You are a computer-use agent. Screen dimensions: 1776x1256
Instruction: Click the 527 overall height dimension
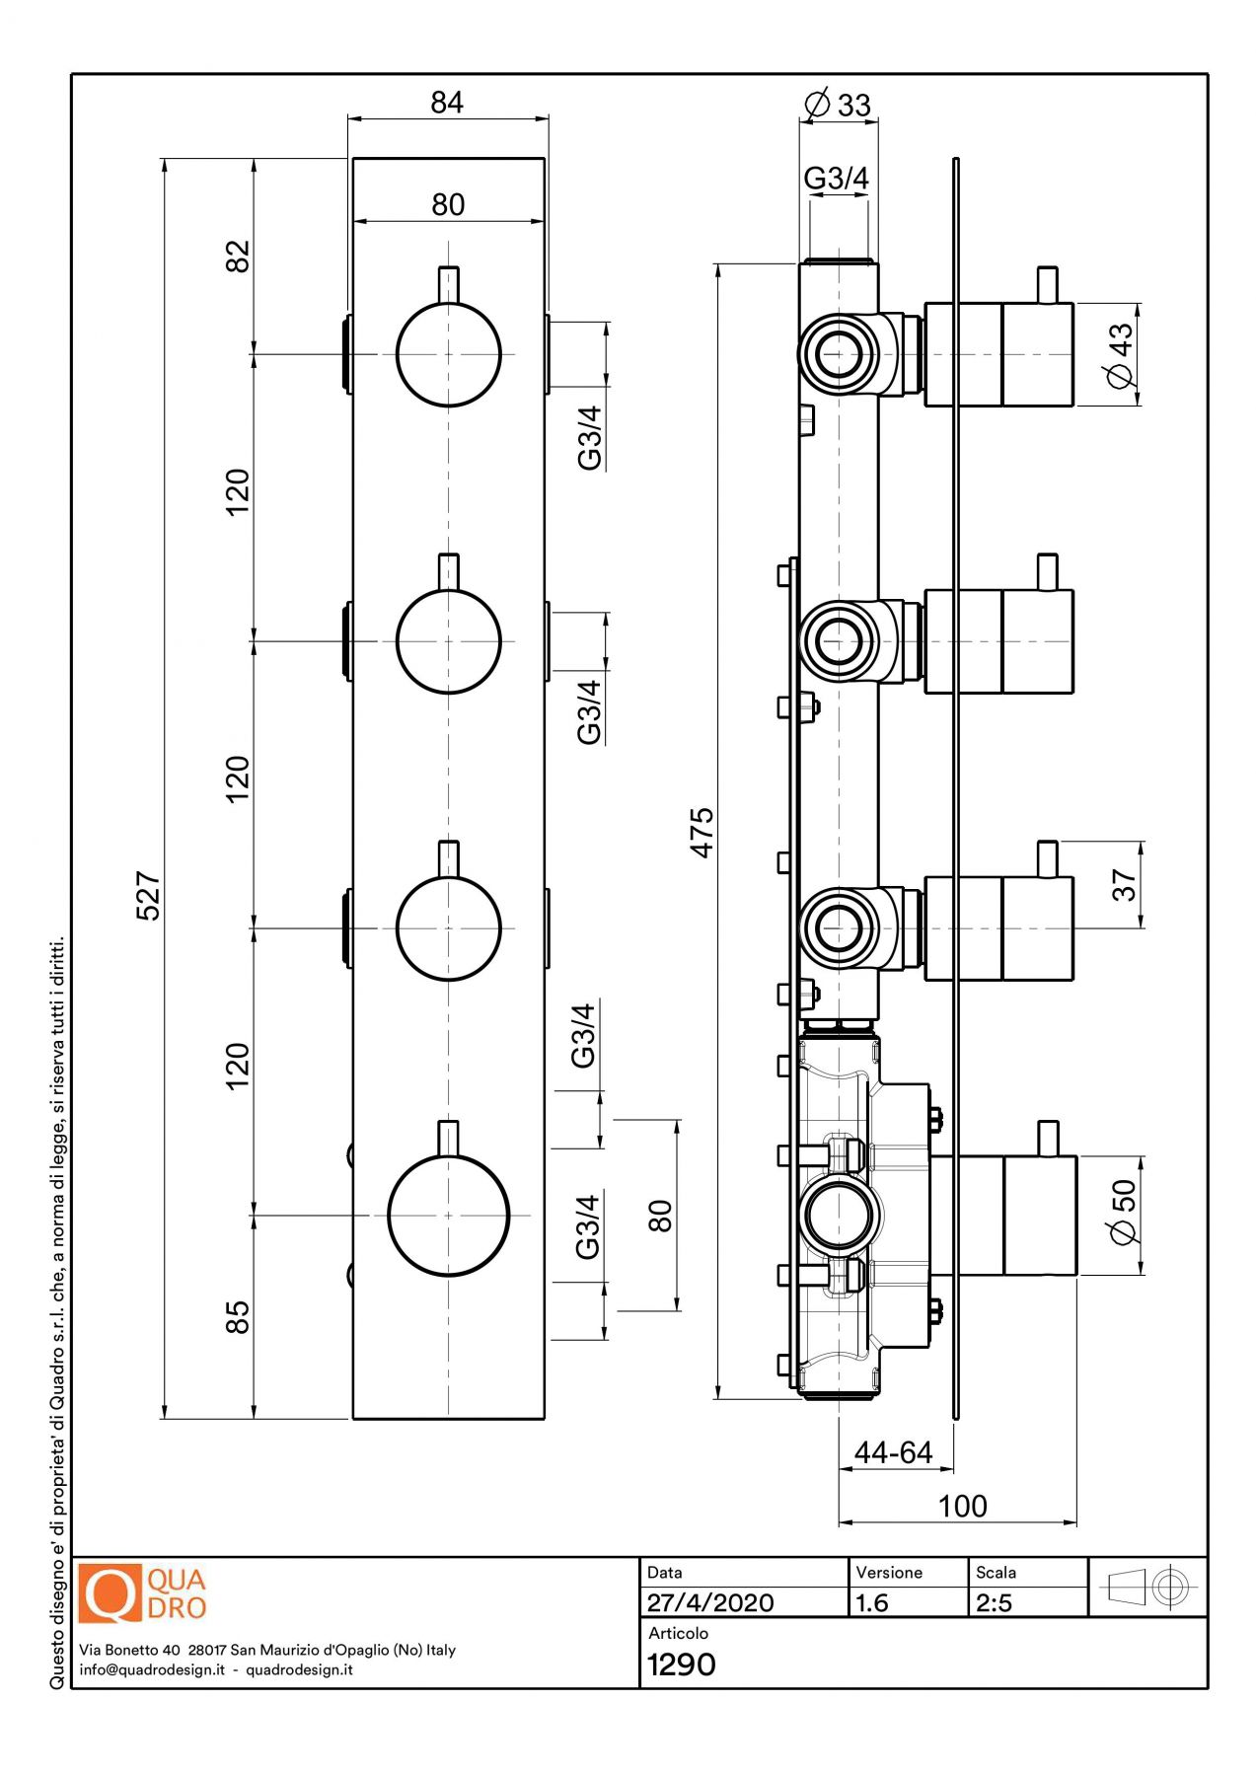[x=148, y=895]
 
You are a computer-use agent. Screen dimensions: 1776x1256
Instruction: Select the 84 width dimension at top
[x=447, y=103]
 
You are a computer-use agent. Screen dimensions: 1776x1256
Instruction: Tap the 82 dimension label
[x=238, y=257]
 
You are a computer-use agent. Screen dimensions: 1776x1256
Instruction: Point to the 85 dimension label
[x=238, y=1318]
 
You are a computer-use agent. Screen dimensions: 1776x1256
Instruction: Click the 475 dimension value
[x=702, y=833]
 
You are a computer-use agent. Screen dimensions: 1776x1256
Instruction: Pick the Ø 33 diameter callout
[x=838, y=105]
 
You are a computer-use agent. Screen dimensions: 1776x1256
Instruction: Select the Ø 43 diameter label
[x=1121, y=355]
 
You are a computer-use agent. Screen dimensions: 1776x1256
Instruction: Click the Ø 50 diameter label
[x=1123, y=1213]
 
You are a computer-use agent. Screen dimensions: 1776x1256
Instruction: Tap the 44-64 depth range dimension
[x=893, y=1452]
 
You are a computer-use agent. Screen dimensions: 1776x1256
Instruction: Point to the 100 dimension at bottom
[x=962, y=1506]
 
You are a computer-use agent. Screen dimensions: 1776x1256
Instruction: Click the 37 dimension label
[x=1124, y=884]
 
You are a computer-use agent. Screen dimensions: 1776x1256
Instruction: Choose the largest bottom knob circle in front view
[x=449, y=1216]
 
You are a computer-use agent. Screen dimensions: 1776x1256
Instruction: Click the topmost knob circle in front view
[x=449, y=354]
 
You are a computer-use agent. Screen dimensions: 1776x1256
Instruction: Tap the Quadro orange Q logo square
[x=110, y=1593]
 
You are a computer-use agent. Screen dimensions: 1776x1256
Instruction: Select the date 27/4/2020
[x=710, y=1602]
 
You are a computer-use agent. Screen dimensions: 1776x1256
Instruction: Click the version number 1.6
[x=873, y=1602]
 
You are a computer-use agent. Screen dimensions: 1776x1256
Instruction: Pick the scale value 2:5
[x=995, y=1602]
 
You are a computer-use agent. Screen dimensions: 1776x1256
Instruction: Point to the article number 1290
[x=682, y=1665]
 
